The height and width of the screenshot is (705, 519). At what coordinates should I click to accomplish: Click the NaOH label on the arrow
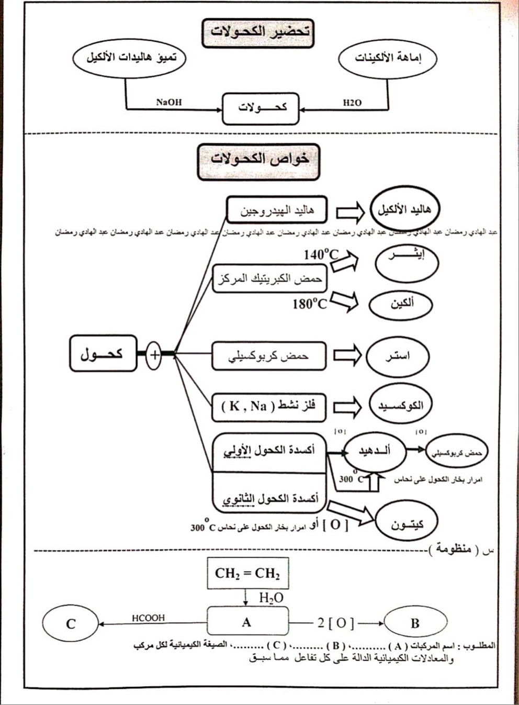click(x=169, y=102)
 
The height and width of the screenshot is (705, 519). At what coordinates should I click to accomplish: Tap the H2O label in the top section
click(x=352, y=103)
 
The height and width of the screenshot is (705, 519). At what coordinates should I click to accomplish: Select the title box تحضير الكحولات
click(x=258, y=31)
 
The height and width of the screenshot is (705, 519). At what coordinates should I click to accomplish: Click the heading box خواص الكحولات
click(x=258, y=159)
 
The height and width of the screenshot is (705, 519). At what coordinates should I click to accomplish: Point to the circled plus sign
click(x=154, y=355)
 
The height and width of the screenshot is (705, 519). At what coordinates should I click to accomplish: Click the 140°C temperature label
click(x=321, y=255)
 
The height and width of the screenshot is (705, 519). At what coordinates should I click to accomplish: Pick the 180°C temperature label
click(x=310, y=303)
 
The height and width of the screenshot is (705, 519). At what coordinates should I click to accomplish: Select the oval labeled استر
click(x=397, y=356)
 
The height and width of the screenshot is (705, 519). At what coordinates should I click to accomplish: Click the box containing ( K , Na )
click(x=268, y=406)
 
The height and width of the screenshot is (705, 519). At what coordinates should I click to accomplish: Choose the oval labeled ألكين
click(x=401, y=304)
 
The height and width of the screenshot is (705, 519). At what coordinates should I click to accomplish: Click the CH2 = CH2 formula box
click(x=247, y=573)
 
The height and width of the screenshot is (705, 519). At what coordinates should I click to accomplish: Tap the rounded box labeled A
click(x=247, y=622)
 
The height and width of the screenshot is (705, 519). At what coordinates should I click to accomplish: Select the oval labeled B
click(x=415, y=623)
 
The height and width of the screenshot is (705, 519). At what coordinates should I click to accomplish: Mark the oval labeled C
click(x=71, y=623)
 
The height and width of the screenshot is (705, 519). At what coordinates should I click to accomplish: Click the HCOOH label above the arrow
click(x=148, y=618)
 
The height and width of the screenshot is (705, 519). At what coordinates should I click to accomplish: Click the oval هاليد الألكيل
click(x=404, y=210)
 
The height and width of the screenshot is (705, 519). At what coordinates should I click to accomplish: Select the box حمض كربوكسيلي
click(x=268, y=356)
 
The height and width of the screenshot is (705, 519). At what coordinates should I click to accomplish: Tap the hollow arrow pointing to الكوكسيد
click(x=347, y=406)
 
